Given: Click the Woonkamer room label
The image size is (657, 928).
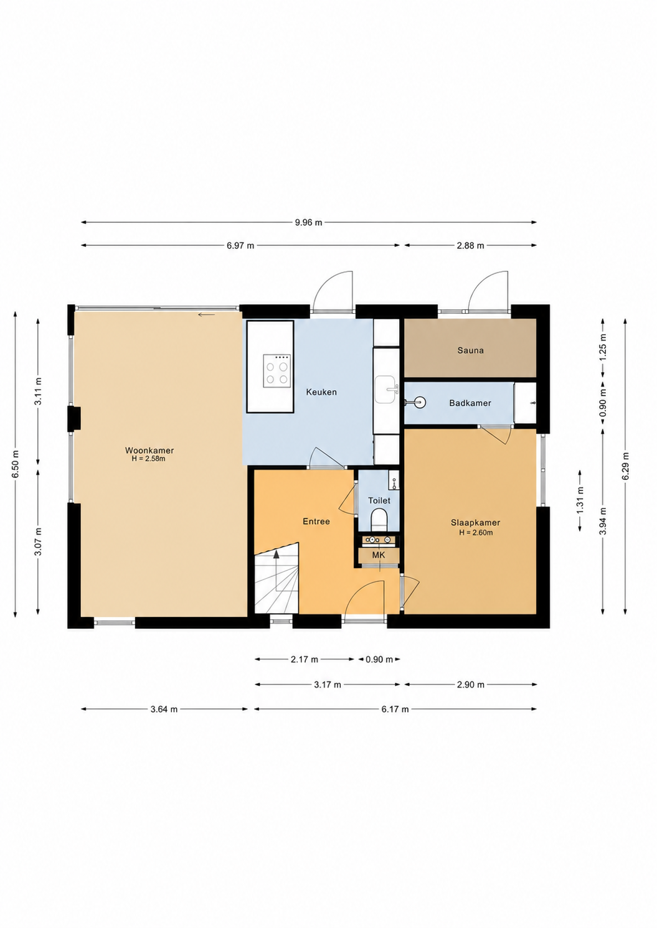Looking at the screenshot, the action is coord(149,451).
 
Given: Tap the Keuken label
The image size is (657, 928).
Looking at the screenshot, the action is coord(321,392).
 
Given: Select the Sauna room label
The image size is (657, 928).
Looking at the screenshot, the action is coord(470,350).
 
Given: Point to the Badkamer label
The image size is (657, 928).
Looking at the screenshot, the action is coord(470,403).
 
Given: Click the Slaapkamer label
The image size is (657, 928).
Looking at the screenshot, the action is coord(475,523).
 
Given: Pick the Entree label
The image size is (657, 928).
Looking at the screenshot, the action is coord(316,522).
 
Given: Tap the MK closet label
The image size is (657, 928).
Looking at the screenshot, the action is coord(379,555).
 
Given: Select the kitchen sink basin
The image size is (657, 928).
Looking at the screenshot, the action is coord(386,390).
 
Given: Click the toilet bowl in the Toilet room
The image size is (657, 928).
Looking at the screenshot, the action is coord(379,520).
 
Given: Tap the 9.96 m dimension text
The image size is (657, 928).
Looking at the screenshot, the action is coord(308,222).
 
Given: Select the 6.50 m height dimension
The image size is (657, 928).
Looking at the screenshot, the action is coord(16,464).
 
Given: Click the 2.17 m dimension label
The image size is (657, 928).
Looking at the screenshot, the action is coord(305,659).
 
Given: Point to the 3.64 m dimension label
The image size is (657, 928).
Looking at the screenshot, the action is coord(164,710).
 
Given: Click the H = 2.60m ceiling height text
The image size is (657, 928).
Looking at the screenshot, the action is coord(476,533).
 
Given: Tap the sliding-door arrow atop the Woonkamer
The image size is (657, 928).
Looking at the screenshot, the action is coord(206,315).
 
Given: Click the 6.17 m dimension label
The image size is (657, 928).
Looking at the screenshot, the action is coord(395,710).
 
